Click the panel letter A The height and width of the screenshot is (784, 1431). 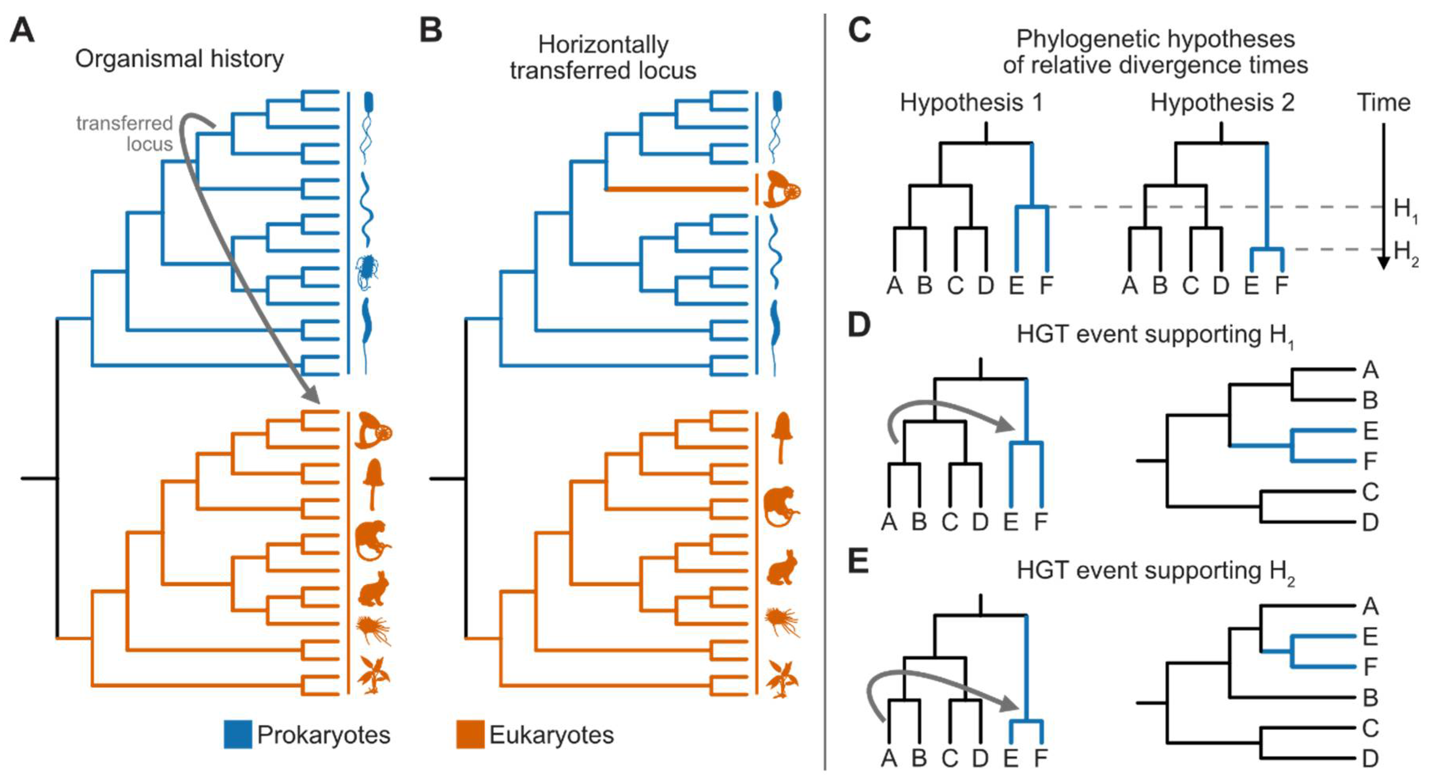[x=22, y=30]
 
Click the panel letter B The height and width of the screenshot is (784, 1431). [x=430, y=30]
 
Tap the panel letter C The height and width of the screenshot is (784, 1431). [x=859, y=30]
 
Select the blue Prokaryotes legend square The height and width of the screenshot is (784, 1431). [x=237, y=735]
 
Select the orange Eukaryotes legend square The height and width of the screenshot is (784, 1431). [x=470, y=735]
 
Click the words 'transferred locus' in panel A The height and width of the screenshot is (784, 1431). [x=125, y=133]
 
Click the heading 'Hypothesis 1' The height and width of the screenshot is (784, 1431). [x=971, y=103]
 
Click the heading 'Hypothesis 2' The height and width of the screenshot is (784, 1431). [x=1222, y=103]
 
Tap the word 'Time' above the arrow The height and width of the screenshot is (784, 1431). [x=1383, y=103]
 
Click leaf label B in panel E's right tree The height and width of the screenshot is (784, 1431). [x=1370, y=698]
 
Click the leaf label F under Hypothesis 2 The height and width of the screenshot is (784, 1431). [x=1281, y=286]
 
